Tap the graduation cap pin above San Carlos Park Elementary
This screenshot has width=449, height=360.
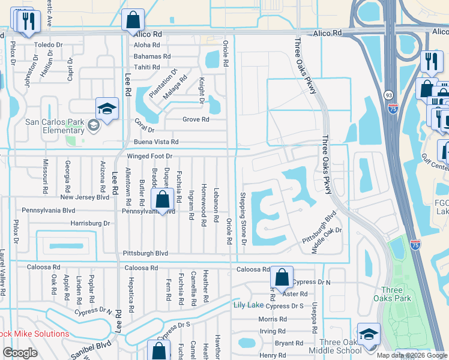(107, 109)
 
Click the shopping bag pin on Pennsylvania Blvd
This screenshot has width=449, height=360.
(163, 200)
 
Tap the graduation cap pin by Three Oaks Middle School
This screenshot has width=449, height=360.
(368, 334)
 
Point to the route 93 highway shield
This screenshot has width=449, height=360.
(389, 95)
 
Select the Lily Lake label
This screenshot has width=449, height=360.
(248, 305)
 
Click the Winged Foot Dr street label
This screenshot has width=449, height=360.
(149, 156)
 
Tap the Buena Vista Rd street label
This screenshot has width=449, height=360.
(156, 142)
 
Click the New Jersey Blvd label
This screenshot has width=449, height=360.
(85, 197)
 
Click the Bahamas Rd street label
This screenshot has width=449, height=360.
(152, 56)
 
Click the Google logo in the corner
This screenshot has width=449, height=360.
(20, 353)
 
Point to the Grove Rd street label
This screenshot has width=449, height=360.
(196, 119)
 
